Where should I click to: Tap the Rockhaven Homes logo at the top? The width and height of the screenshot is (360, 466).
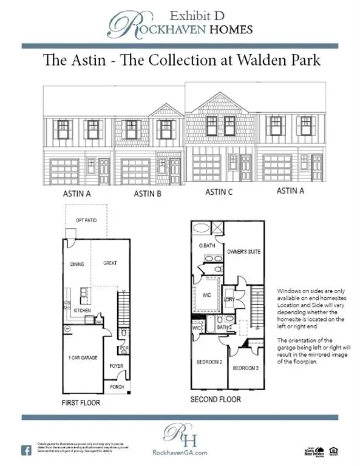pyautogui.click(x=180, y=25)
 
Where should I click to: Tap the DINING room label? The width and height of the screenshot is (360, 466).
pyautogui.click(x=76, y=264)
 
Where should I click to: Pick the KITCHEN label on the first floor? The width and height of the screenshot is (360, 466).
pyautogui.click(x=83, y=310)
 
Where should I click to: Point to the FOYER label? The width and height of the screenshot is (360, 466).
pyautogui.click(x=116, y=366)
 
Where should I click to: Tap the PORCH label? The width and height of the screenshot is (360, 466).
pyautogui.click(x=117, y=386)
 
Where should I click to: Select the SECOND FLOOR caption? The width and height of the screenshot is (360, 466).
pyautogui.click(x=216, y=399)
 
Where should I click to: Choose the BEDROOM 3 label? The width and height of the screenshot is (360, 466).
pyautogui.click(x=245, y=368)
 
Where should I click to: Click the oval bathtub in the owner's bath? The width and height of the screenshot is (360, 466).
pyautogui.click(x=200, y=230)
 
